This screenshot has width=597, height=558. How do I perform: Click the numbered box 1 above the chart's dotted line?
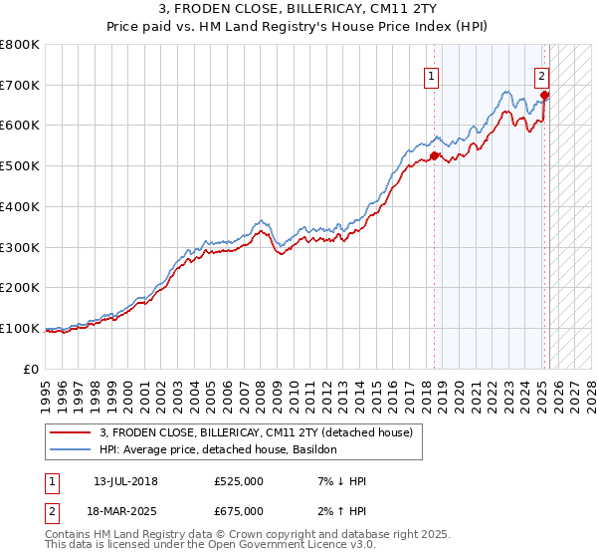coord(432,76)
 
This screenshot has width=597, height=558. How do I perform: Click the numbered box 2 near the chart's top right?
coord(541,76)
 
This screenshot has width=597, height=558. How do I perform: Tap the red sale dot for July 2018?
coord(435,155)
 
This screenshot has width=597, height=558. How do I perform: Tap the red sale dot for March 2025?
coord(545,95)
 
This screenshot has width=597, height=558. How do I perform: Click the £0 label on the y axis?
coord(32,369)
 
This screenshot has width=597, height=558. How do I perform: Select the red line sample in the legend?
coord(72,431)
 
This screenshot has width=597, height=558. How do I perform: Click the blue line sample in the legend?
coord(72,449)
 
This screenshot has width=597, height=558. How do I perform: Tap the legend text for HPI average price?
coord(219,449)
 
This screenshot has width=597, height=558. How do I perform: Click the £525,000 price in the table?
coord(239,481)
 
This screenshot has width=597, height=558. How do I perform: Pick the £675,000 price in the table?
coord(239,511)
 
